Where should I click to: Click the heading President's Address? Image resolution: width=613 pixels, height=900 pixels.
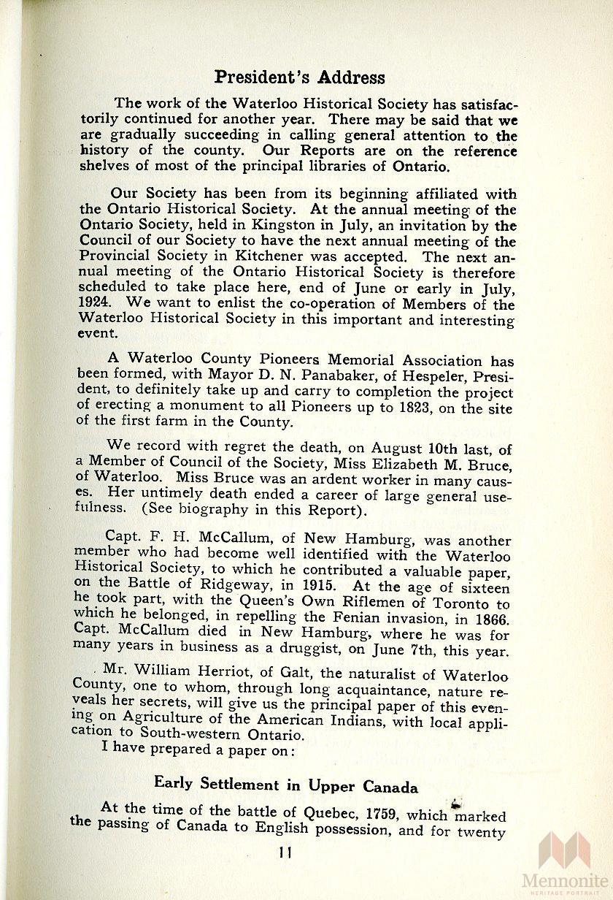tap(299, 77)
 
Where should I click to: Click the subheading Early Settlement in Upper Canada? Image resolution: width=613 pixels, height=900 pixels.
tap(286, 785)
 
